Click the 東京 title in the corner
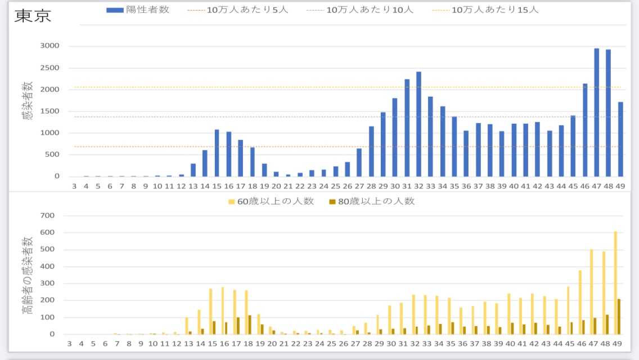coord(32,15)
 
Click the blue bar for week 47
coord(596,112)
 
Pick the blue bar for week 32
coord(418,124)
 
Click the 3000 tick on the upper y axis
coord(49,46)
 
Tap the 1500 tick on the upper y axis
coord(49,111)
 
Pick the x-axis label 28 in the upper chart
coord(371,186)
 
